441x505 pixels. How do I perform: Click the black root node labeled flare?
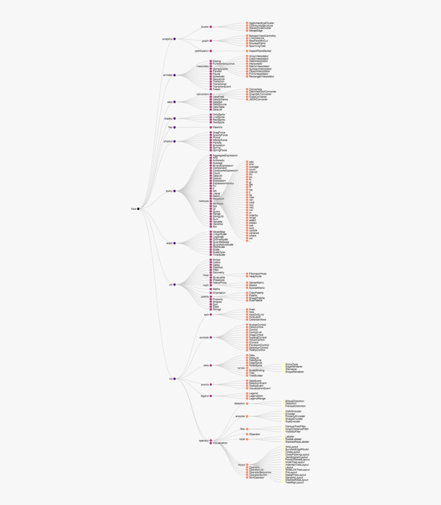click(138, 209)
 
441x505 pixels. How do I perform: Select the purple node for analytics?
click(174, 39)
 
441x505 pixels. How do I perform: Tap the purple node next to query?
click(174, 191)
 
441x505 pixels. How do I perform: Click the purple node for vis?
click(174, 379)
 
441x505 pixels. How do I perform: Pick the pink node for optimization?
click(211, 51)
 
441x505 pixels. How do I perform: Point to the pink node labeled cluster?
click(211, 27)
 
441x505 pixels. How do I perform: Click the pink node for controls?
click(211, 337)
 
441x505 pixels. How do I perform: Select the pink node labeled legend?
click(211, 396)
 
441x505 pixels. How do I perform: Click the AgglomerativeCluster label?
click(262, 23)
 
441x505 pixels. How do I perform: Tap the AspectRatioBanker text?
click(260, 51)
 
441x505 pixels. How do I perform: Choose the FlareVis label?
click(221, 127)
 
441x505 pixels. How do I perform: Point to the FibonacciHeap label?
click(258, 274)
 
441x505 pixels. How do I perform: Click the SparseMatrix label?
click(256, 288)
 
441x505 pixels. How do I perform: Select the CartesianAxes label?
click(257, 320)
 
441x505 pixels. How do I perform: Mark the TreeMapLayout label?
click(294, 482)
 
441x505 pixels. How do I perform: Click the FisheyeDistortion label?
click(295, 406)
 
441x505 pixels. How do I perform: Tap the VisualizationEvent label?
click(259, 389)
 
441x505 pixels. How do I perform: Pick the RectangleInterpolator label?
click(262, 76)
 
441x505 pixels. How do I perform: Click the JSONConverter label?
click(258, 100)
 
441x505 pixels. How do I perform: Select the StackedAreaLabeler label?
click(297, 441)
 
